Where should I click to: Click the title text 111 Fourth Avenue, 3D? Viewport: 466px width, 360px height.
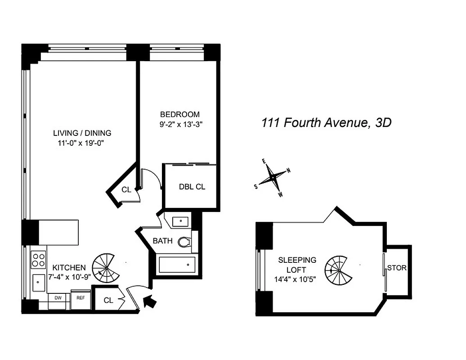point(327,123)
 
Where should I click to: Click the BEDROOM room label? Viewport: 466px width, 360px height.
point(180,114)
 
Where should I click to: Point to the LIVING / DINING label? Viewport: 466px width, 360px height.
point(82,133)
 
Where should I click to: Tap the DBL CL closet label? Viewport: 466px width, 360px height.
point(192,187)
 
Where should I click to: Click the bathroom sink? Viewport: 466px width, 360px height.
point(180,221)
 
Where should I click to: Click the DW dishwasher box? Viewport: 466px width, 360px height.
point(58,298)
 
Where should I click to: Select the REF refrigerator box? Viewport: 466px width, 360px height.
point(81,298)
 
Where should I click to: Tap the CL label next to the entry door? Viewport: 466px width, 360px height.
point(108,301)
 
